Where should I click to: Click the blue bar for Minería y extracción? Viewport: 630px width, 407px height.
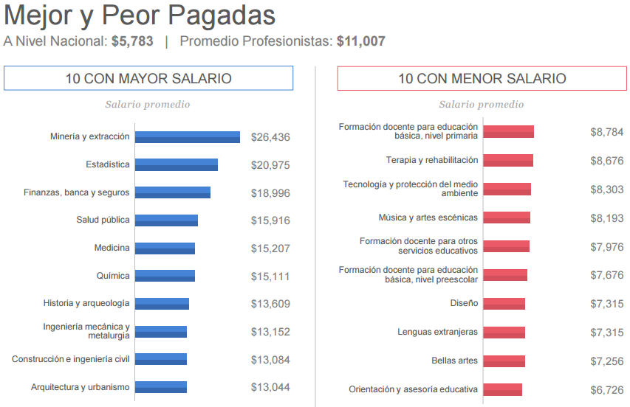187,137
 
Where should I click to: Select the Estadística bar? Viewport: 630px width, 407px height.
176,164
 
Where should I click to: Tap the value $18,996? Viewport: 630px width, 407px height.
270,193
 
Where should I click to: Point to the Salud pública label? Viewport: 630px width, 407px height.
103,220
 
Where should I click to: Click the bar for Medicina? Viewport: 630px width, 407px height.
165,248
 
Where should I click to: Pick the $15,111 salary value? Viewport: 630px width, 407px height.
270,276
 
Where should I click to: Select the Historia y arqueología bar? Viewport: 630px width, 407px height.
162,304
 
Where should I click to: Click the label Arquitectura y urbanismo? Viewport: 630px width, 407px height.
80,387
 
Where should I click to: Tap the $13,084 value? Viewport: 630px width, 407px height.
270,360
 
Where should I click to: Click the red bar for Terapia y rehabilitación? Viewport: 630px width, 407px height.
507,161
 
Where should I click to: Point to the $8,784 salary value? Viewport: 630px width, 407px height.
606,132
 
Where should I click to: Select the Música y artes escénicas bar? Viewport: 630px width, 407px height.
506,218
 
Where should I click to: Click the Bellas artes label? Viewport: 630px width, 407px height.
454,361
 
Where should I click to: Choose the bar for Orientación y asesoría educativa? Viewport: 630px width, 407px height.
502,389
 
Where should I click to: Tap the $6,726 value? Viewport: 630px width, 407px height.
606,390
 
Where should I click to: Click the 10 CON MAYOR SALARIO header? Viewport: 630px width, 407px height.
148,78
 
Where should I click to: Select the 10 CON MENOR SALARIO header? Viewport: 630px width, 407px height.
482,78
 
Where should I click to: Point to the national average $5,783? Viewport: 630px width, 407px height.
132,41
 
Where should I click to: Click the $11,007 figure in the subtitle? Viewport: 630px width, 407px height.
360,41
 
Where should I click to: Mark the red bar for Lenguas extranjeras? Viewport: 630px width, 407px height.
504,333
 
